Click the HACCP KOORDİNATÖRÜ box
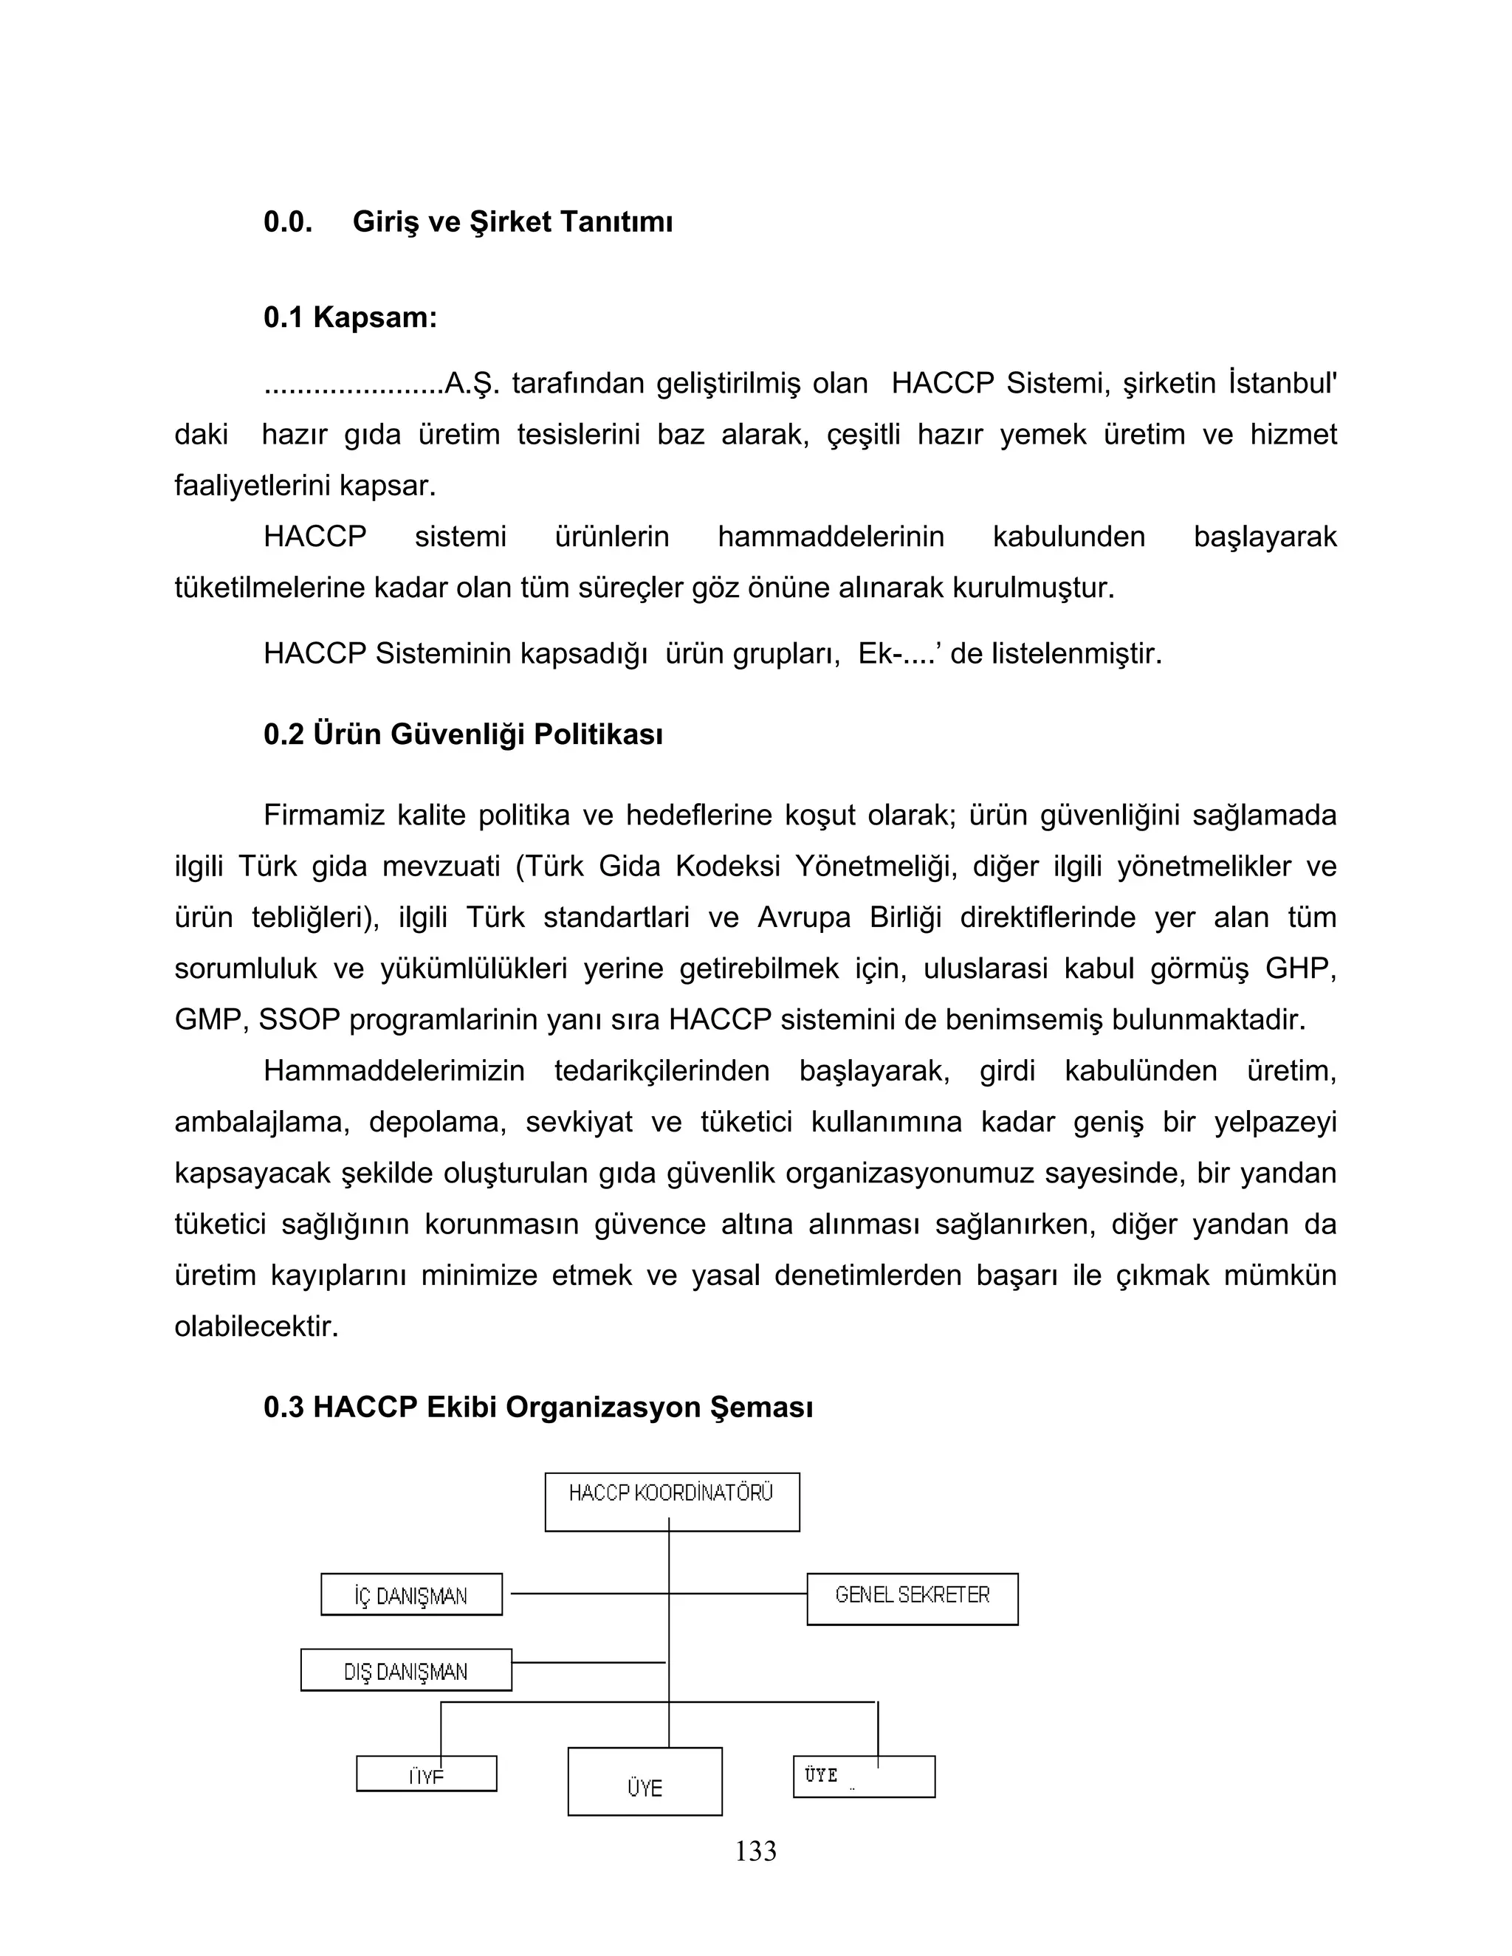click(672, 1502)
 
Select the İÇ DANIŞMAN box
click(411, 1595)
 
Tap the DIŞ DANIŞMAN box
click(406, 1670)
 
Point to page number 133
click(755, 1850)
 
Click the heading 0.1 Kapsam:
click(349, 317)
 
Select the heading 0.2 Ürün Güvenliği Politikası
click(463, 734)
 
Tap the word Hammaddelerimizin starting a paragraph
click(394, 1071)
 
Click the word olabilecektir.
click(256, 1326)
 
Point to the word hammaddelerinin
click(831, 537)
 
